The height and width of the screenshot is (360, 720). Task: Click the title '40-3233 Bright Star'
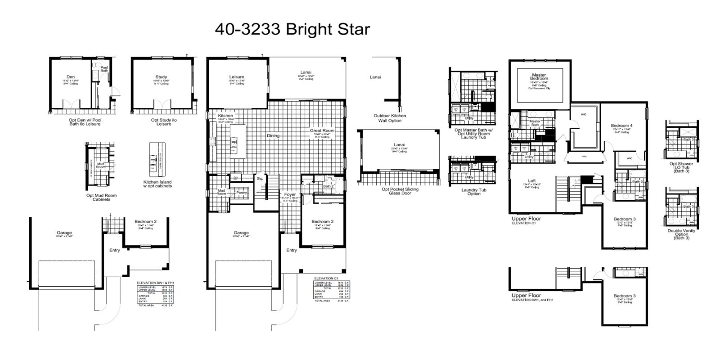(x=292, y=29)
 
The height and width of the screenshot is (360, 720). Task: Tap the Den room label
(x=71, y=77)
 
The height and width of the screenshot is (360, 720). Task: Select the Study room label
(x=161, y=77)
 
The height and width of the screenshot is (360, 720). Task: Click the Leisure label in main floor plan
(x=236, y=77)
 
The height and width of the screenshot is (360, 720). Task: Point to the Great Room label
(x=322, y=130)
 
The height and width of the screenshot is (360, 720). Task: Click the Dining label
(x=273, y=135)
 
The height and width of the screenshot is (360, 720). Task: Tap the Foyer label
(x=290, y=194)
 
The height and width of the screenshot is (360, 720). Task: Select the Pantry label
(x=242, y=192)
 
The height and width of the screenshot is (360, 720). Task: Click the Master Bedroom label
(x=539, y=77)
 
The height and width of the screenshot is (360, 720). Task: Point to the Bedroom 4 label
(x=621, y=126)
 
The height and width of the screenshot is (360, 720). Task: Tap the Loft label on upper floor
(x=532, y=181)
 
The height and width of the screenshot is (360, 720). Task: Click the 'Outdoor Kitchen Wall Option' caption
(x=390, y=118)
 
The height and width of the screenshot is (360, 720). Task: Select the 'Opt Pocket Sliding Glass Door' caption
(x=400, y=191)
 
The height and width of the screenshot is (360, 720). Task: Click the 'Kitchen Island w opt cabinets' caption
(x=157, y=184)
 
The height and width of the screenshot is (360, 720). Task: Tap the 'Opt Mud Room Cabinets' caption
(x=101, y=198)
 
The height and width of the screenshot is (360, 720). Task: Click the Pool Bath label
(x=104, y=69)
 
